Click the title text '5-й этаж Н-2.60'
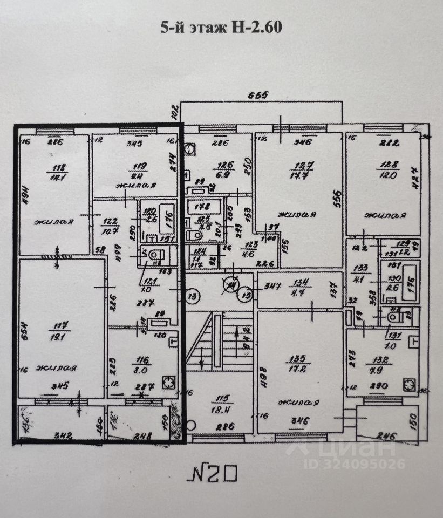pyautogui.click(x=221, y=27)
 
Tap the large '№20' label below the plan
pyautogui.click(x=215, y=474)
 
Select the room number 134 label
pyautogui.click(x=299, y=281)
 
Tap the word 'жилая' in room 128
pyautogui.click(x=385, y=216)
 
